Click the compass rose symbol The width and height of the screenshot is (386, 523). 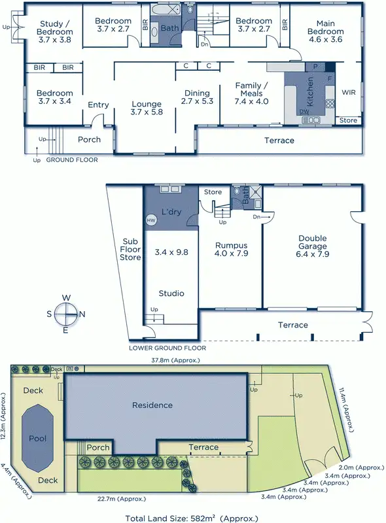point(65,314)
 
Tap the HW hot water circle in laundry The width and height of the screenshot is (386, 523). point(151,220)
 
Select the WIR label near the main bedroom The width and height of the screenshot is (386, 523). point(349,92)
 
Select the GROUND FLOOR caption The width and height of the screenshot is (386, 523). point(72,160)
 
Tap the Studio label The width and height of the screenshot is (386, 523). point(170,294)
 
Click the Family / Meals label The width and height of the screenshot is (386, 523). point(252,93)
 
